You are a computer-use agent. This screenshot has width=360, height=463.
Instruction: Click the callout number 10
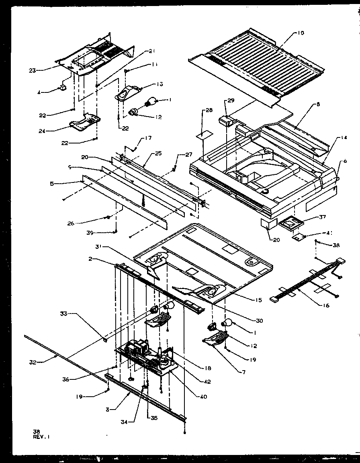click(x=301, y=33)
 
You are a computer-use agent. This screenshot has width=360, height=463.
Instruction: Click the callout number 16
click(x=325, y=306)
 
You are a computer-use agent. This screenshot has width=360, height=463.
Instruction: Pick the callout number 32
click(x=33, y=362)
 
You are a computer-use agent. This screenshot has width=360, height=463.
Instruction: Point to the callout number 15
click(x=258, y=300)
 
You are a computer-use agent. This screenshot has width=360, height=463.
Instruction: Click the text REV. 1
click(x=42, y=436)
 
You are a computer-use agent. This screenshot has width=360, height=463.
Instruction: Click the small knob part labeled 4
click(x=63, y=88)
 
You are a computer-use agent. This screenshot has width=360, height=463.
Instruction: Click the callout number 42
click(x=207, y=382)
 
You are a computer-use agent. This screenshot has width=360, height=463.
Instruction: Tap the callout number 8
click(x=318, y=104)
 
